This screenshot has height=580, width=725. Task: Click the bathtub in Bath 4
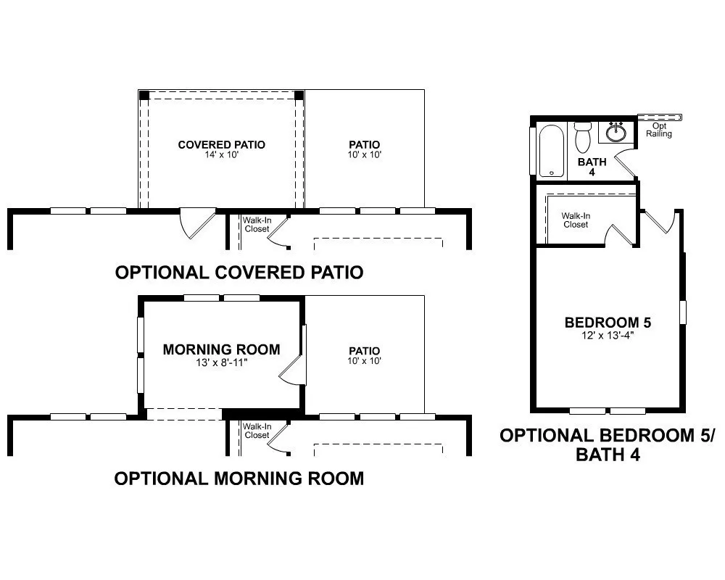coord(551,151)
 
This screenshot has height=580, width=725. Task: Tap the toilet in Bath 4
coord(583,137)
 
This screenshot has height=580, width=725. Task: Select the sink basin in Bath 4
coord(616,133)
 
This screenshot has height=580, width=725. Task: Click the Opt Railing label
coord(659,130)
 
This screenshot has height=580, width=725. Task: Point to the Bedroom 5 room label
coord(608,323)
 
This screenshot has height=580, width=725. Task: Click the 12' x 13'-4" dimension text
coord(608,336)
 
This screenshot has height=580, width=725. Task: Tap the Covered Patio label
coord(221,145)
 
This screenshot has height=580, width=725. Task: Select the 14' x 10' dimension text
coord(221,155)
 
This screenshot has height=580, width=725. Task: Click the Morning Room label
coord(221,349)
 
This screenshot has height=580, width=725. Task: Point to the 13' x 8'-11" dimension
coord(221,362)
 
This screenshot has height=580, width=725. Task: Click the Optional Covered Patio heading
coord(239,273)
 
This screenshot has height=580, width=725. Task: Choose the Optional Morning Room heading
coord(239,478)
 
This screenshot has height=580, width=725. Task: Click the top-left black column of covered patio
coord(144,95)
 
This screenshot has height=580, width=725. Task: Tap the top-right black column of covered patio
coord(299,95)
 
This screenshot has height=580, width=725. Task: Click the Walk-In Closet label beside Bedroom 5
coord(576,220)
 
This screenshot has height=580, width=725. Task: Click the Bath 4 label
coord(592,167)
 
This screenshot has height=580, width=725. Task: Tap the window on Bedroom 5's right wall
coord(682,312)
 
